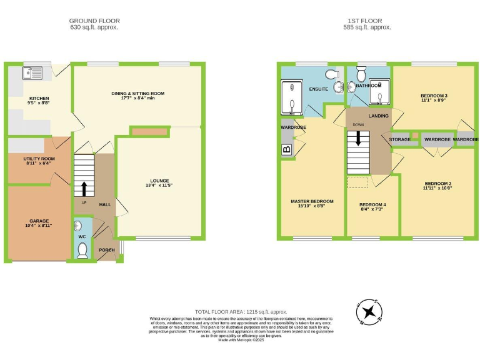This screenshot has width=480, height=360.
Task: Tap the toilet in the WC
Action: [82, 250]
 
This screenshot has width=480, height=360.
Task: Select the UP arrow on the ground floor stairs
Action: [84, 188]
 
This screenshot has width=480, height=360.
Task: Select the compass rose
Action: [371, 311]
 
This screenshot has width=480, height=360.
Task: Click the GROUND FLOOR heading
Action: [94, 21]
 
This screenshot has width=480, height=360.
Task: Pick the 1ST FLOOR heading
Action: [369, 21]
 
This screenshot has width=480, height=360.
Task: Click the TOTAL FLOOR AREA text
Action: [241, 311]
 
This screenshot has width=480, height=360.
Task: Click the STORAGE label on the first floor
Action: [400, 139]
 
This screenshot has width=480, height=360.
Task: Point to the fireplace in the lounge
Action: [150, 132]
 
